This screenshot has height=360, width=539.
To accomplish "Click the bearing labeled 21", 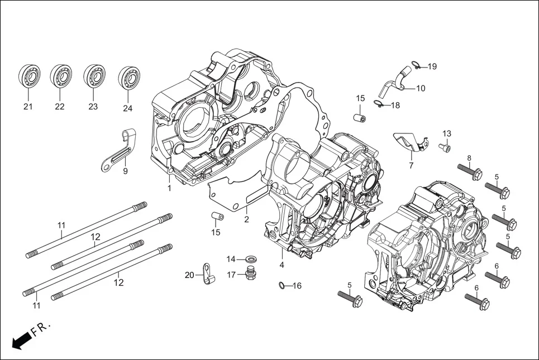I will pos(29,76).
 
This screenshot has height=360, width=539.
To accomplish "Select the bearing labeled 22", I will pos(61,76).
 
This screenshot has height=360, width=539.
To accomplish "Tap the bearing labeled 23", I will pos(94,76).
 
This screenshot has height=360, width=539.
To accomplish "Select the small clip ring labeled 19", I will pos(416,63).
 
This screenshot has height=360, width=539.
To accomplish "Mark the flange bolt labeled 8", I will pos(469,171).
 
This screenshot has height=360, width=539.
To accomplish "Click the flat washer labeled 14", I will pos(251,259).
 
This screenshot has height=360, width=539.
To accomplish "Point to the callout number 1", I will pos(169,188).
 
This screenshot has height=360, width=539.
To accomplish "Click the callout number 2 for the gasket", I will pos(246,219).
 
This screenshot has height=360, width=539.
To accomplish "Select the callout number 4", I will pos(282,265).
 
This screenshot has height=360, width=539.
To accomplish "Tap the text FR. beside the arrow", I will pos(41,329).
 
